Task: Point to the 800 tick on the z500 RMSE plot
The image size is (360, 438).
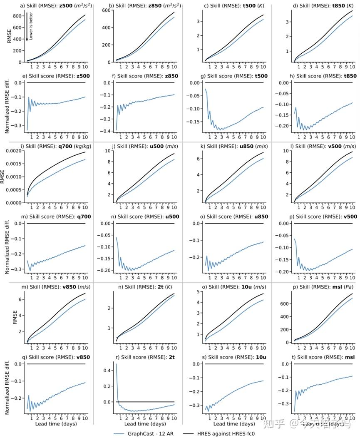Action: pos(17,16)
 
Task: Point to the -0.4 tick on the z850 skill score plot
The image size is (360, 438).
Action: pos(107,131)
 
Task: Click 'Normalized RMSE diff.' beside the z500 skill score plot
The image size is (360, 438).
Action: pos(7,108)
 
